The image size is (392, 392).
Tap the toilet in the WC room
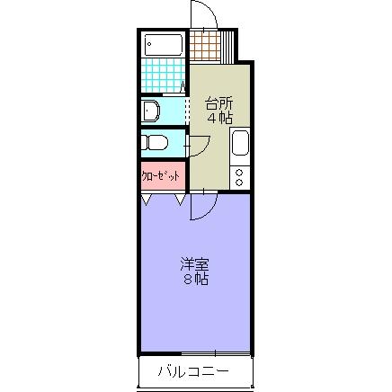[155, 142]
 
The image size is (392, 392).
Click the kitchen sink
[240, 143]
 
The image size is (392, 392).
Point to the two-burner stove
[240, 175]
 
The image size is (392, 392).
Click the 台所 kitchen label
[218, 102]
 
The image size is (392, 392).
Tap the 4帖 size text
[218, 117]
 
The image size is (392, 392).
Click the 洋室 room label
[194, 264]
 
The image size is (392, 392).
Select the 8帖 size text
[194, 280]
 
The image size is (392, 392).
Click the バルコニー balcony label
[194, 370]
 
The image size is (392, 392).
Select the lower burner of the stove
[240, 182]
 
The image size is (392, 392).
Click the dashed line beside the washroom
[186, 111]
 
